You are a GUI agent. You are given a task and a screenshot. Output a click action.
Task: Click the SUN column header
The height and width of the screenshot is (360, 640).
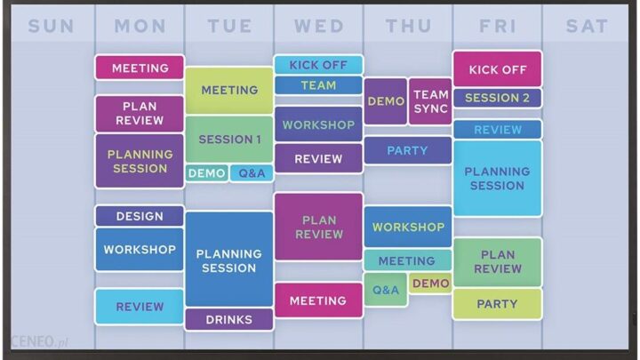tap(51, 26)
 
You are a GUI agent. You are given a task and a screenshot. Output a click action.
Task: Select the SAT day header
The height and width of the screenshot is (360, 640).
tap(587, 26)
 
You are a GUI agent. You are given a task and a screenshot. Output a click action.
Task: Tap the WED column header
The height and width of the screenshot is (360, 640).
tap(319, 26)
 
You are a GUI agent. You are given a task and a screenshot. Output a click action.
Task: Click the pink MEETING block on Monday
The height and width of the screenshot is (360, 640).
tap(140, 68)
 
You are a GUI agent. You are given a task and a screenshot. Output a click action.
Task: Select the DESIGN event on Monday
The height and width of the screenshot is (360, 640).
tap(140, 216)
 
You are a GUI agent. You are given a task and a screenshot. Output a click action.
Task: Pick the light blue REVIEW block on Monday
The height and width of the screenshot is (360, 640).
tap(140, 307)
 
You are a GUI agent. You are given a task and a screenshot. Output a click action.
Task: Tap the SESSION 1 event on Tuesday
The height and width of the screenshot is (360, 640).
tap(229, 140)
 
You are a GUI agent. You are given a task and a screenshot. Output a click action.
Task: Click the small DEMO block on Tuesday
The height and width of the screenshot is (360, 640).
tap(206, 173)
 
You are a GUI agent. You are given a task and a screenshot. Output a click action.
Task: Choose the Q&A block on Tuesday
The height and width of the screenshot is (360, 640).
tap(252, 173)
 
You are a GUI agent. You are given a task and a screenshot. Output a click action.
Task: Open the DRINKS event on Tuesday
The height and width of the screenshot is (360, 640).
tap(229, 319)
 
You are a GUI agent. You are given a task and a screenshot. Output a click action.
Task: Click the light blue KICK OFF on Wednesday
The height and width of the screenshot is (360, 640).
tap(318, 65)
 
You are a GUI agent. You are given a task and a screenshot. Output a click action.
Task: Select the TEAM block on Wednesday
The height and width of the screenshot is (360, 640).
tap(318, 85)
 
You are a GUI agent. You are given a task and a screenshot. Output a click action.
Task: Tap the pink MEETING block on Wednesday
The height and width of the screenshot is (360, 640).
tap(318, 300)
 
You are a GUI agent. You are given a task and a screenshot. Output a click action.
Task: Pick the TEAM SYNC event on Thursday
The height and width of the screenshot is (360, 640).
tap(430, 101)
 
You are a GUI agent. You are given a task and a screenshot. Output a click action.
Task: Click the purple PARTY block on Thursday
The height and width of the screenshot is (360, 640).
tap(408, 150)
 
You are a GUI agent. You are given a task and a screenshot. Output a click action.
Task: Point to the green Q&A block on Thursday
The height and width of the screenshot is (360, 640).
tap(386, 290)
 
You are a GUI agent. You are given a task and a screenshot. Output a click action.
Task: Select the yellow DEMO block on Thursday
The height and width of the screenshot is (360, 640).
tap(430, 283)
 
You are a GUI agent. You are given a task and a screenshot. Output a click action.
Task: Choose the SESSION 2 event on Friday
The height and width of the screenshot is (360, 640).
tap(497, 98)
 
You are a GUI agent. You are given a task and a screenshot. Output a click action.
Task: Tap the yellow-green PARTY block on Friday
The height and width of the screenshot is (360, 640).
tap(497, 304)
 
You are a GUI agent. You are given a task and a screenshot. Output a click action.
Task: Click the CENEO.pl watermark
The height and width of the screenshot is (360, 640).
tap(40, 341)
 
